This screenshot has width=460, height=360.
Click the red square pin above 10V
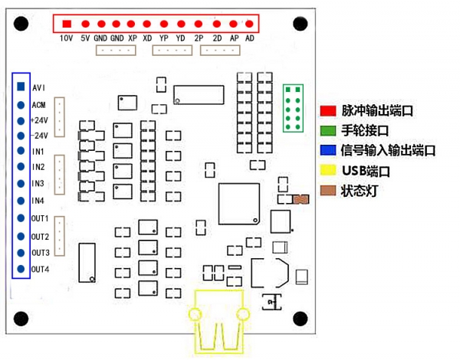coord(67,25)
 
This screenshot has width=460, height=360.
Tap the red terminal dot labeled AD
coord(250,25)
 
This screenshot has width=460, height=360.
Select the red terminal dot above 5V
coord(84,25)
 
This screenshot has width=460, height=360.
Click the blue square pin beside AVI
coord(21,87)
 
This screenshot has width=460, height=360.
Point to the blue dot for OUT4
coord(21,269)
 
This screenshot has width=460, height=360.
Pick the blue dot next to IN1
coord(21,151)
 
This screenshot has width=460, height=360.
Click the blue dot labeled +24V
coord(21,120)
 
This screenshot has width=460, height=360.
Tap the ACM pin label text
coord(39,104)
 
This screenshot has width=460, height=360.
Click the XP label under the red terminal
coord(133,38)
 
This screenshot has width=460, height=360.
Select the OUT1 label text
coord(40,219)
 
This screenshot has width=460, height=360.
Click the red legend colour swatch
coord(329,111)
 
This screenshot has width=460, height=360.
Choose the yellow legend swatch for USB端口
coord(329,170)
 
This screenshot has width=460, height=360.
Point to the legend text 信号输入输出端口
coord(388,150)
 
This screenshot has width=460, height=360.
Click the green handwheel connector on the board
coord(293,108)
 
